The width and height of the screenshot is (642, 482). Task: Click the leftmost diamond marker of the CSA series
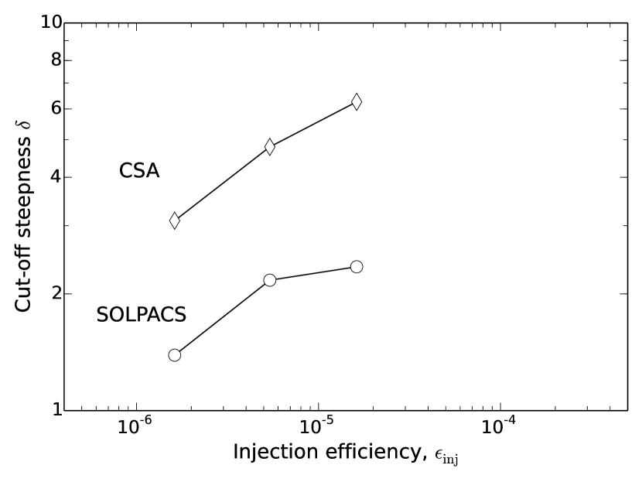pyautogui.click(x=175, y=220)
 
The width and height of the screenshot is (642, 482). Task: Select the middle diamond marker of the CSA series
pyautogui.click(x=270, y=146)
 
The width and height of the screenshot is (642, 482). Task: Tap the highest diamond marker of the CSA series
pyautogui.click(x=357, y=101)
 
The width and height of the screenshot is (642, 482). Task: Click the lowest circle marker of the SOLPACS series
pyautogui.click(x=175, y=355)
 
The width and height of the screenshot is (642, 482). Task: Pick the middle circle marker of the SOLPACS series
pyautogui.click(x=270, y=280)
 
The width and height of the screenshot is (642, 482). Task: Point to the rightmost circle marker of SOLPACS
pyautogui.click(x=357, y=267)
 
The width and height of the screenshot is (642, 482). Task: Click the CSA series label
pyautogui.click(x=139, y=171)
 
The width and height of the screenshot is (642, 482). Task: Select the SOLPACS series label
pyautogui.click(x=141, y=315)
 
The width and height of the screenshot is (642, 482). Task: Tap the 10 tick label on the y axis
pyautogui.click(x=51, y=22)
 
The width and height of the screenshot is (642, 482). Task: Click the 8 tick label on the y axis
pyautogui.click(x=56, y=60)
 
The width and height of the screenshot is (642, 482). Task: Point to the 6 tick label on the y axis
pyautogui.click(x=56, y=108)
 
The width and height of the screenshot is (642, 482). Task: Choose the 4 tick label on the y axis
pyautogui.click(x=56, y=177)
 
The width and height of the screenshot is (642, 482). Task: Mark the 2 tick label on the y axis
pyautogui.click(x=56, y=294)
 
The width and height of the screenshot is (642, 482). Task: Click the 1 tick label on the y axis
pyautogui.click(x=56, y=409)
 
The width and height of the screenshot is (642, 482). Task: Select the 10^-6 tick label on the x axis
pyautogui.click(x=136, y=426)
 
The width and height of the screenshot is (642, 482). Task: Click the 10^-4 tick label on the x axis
pyautogui.click(x=500, y=426)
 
